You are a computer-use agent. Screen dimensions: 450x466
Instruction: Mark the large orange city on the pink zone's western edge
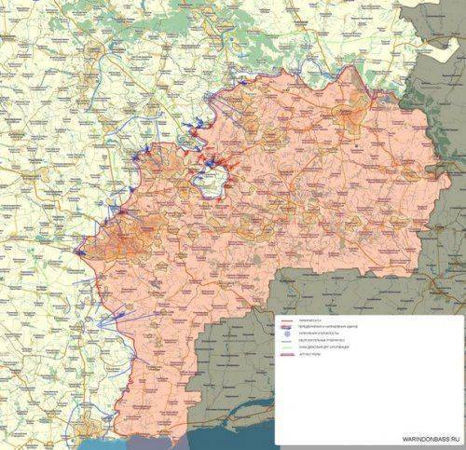(x=126, y=244)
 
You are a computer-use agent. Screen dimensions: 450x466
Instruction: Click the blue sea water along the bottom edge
(x=214, y=440)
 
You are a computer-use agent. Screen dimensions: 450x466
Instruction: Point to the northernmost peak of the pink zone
(x=349, y=68)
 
